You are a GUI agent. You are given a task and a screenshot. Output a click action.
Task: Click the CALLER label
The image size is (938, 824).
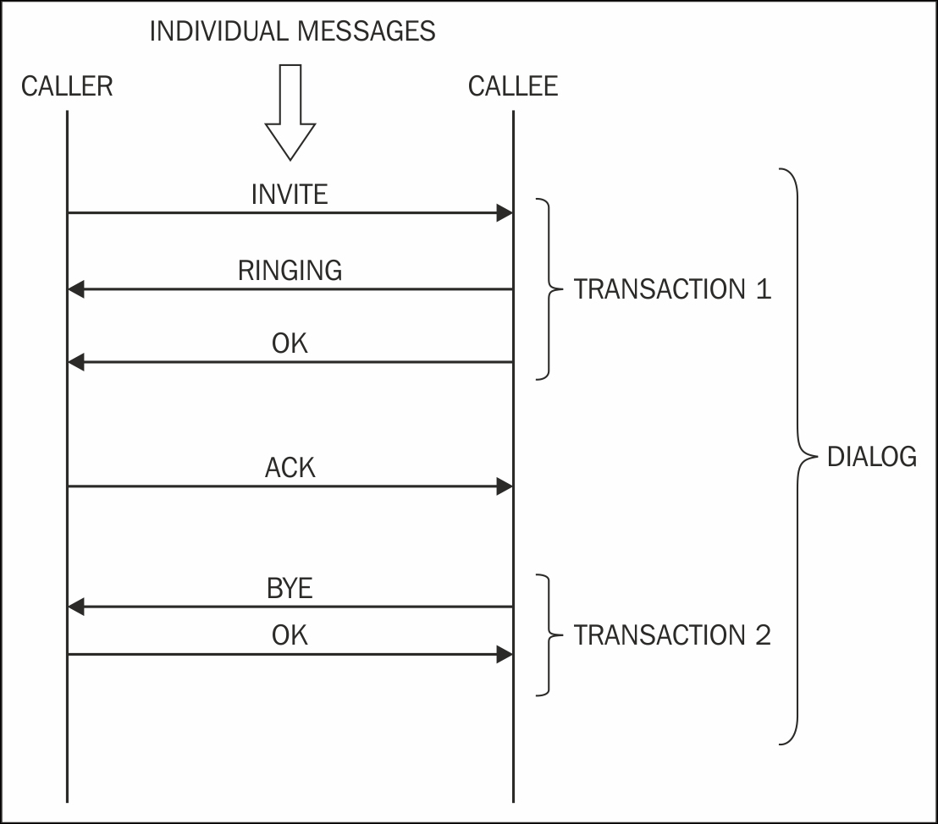point(67,86)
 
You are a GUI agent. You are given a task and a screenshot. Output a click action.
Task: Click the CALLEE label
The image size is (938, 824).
point(513,86)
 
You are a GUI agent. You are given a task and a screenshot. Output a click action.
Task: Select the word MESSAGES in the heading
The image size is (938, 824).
point(367,31)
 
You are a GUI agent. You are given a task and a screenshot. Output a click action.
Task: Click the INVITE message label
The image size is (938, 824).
point(290,195)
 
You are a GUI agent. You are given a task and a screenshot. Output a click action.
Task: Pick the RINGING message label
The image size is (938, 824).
point(290,270)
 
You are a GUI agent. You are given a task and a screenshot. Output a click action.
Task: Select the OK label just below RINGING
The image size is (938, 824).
point(290,343)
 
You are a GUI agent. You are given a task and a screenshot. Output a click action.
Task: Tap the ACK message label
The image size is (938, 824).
point(290,467)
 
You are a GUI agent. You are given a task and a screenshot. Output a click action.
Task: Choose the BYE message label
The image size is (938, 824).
point(290,588)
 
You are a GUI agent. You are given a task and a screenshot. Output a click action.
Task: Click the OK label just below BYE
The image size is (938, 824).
point(290,635)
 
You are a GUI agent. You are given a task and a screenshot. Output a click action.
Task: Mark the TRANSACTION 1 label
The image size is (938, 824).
point(672,289)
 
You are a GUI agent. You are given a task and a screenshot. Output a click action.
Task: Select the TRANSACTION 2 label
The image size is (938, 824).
point(672,634)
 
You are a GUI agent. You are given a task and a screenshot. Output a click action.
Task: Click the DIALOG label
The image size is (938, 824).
point(871,457)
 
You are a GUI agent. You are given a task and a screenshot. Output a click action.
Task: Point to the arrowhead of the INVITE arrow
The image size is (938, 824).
point(505,213)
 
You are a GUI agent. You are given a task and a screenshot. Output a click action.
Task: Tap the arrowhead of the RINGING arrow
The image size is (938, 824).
point(76,289)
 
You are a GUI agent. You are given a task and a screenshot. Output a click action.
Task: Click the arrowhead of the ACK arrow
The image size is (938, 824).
point(505,486)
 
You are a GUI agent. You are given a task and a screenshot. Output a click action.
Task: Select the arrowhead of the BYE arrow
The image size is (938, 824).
point(76,607)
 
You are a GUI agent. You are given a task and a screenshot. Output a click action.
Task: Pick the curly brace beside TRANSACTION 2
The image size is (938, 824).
point(548,634)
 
